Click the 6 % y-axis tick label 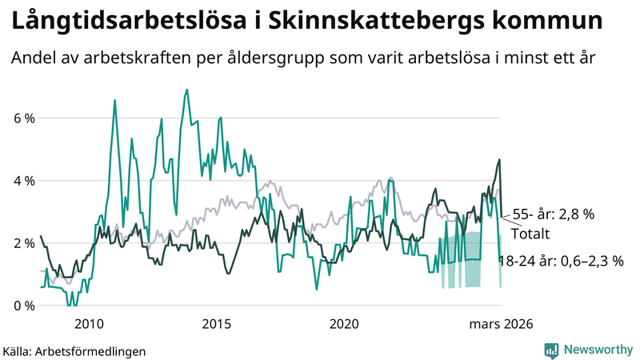tap(23, 118)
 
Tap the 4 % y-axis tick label tap(23, 181)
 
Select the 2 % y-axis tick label tap(23, 243)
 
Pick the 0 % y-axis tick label tap(23, 306)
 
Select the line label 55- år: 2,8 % tap(565, 215)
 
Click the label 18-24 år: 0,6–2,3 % tap(560, 261)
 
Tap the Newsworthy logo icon tap(551, 350)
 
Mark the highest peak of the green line tap(186, 90)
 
